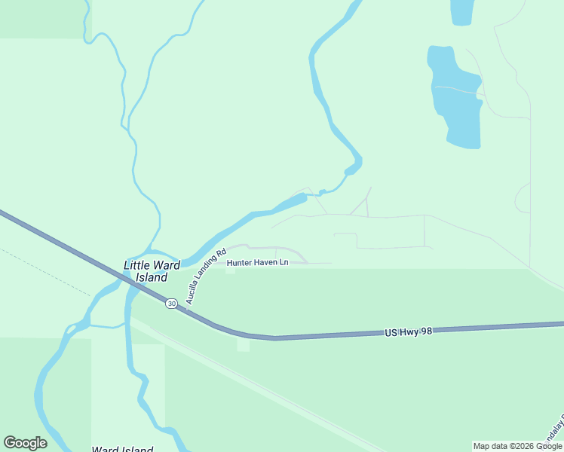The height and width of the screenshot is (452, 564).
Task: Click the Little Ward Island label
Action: click(x=152, y=271)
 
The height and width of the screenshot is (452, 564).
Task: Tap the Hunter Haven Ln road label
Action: click(x=258, y=262)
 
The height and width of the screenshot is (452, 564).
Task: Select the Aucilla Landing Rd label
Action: click(x=206, y=276)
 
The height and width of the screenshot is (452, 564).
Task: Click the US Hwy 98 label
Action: click(x=407, y=331)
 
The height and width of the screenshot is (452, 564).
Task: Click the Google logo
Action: click(x=25, y=443)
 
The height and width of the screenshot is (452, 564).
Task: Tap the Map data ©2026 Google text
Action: click(x=517, y=446)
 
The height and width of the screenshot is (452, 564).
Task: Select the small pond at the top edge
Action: click(x=461, y=12)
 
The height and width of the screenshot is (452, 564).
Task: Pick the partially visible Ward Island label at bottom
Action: click(x=122, y=449)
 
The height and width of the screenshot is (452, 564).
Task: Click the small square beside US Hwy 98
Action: click(x=243, y=344)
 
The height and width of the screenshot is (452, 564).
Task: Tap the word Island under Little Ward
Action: click(x=152, y=277)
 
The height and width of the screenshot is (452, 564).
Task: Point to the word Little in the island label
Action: click(x=137, y=265)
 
